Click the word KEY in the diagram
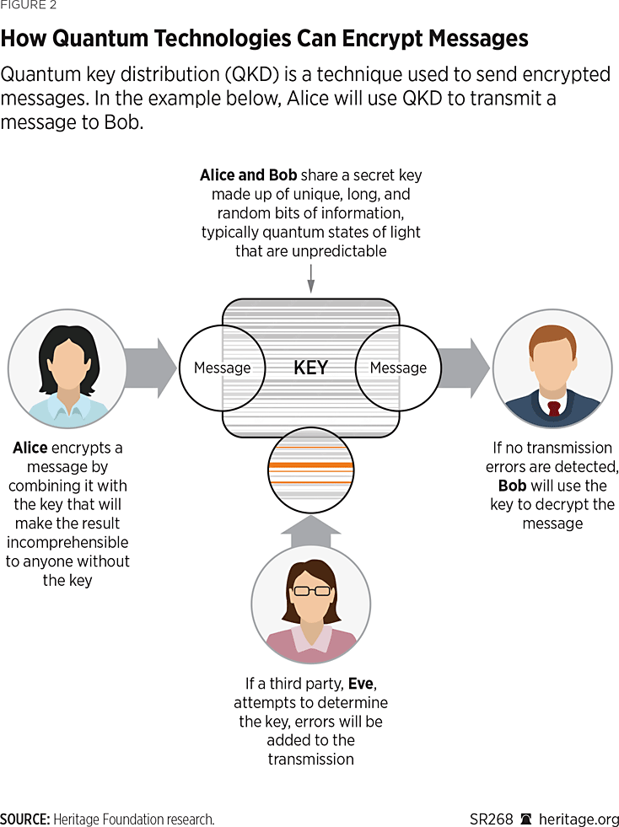(310, 368)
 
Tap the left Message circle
(222, 368)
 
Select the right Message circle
(398, 368)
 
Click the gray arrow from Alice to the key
(152, 367)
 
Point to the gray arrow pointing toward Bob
(463, 367)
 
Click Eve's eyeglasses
(310, 590)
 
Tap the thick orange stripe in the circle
(310, 465)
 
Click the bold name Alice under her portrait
(30, 448)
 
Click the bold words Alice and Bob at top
(248, 175)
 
